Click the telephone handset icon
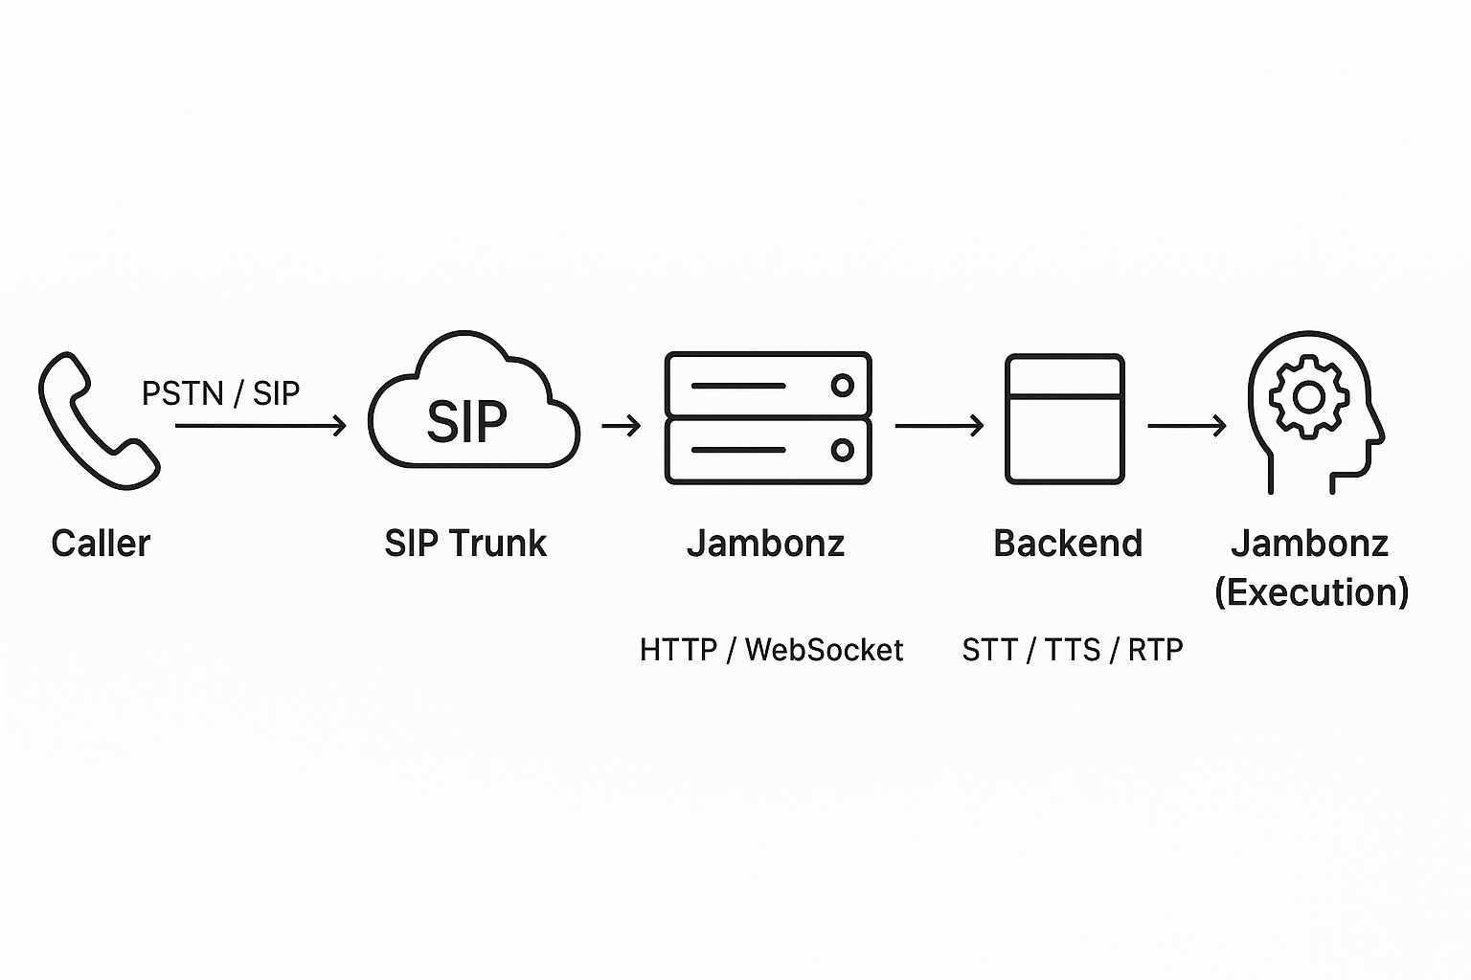97,421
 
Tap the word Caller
101,544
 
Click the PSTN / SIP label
220,393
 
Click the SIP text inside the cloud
466,421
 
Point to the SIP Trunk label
465,544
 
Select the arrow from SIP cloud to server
622,425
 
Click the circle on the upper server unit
843,386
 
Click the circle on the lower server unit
843,450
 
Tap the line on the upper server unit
738,386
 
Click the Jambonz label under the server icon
765,544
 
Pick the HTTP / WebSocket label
771,651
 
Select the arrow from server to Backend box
939,425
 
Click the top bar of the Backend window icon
1064,375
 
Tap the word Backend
1068,544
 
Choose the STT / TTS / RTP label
1073,651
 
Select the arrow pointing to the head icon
1188,425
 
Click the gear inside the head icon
1309,396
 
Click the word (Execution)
1311,592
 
